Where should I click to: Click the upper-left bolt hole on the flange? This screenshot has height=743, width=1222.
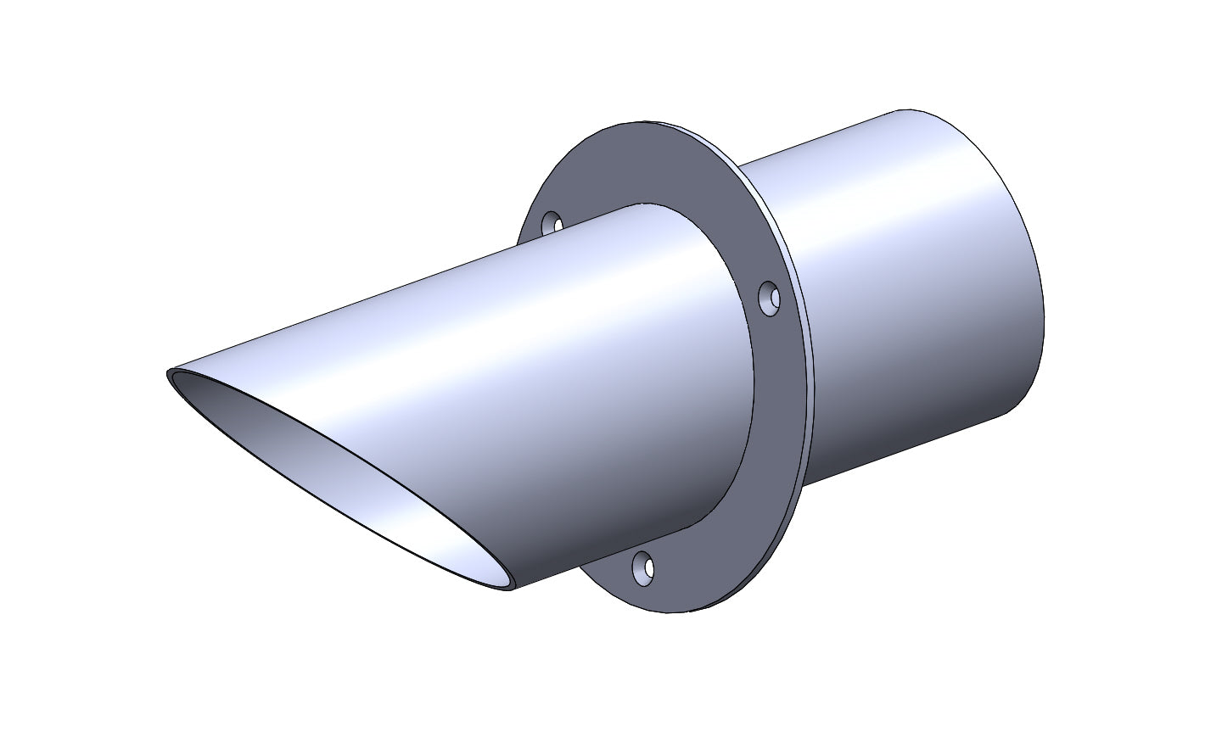[x=552, y=223]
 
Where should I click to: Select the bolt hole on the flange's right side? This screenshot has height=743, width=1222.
[x=769, y=299]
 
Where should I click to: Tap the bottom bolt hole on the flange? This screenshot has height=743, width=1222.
[x=644, y=569]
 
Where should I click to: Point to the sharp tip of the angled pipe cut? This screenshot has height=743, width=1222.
[x=170, y=372]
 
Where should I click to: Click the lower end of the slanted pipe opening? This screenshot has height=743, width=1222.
[x=509, y=589]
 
